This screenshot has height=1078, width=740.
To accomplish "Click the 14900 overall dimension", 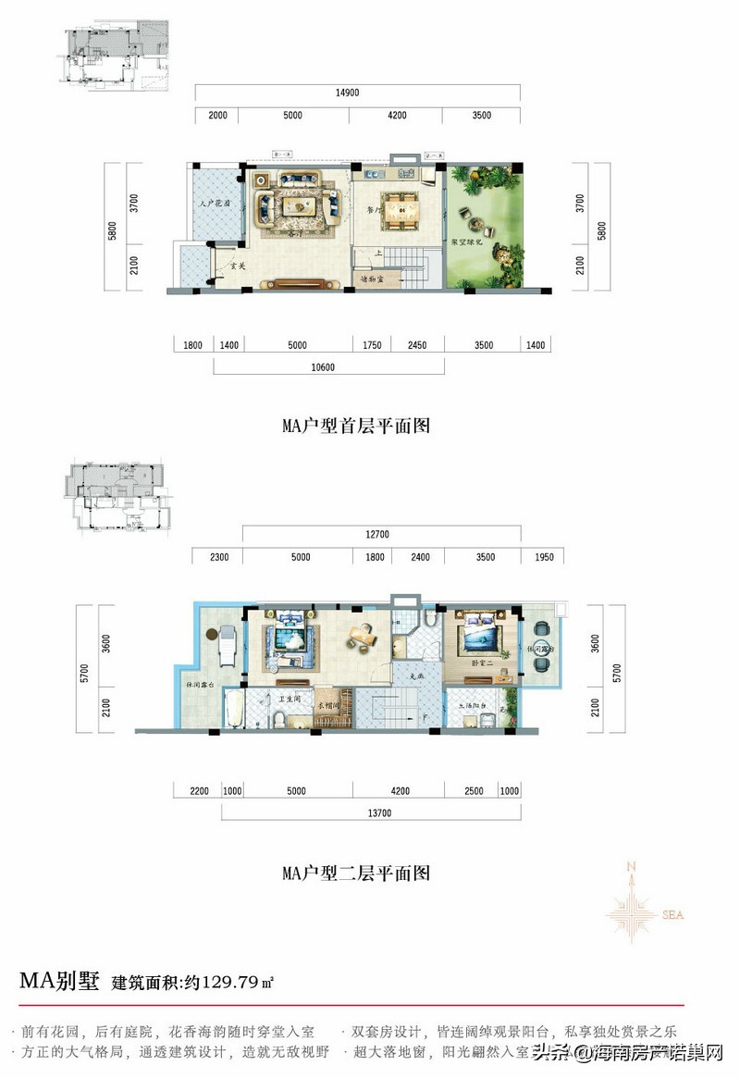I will click(358, 93).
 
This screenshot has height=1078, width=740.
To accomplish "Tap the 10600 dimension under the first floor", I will click(324, 366).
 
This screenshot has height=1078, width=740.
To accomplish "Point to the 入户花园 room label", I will click(215, 203).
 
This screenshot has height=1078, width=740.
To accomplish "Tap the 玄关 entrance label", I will click(236, 266).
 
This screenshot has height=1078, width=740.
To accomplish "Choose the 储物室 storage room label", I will click(372, 278).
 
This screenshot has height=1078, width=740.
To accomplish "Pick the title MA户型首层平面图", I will click(356, 427).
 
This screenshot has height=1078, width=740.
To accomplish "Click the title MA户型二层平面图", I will click(356, 873).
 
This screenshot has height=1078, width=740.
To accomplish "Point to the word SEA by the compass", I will click(672, 915).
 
